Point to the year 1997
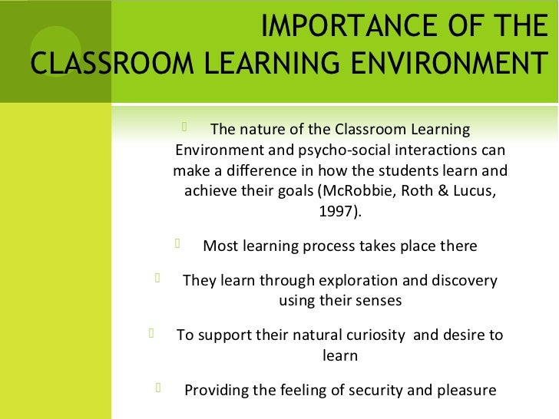[335, 209]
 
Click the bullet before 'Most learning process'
[177, 246]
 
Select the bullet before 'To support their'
[151, 334]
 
